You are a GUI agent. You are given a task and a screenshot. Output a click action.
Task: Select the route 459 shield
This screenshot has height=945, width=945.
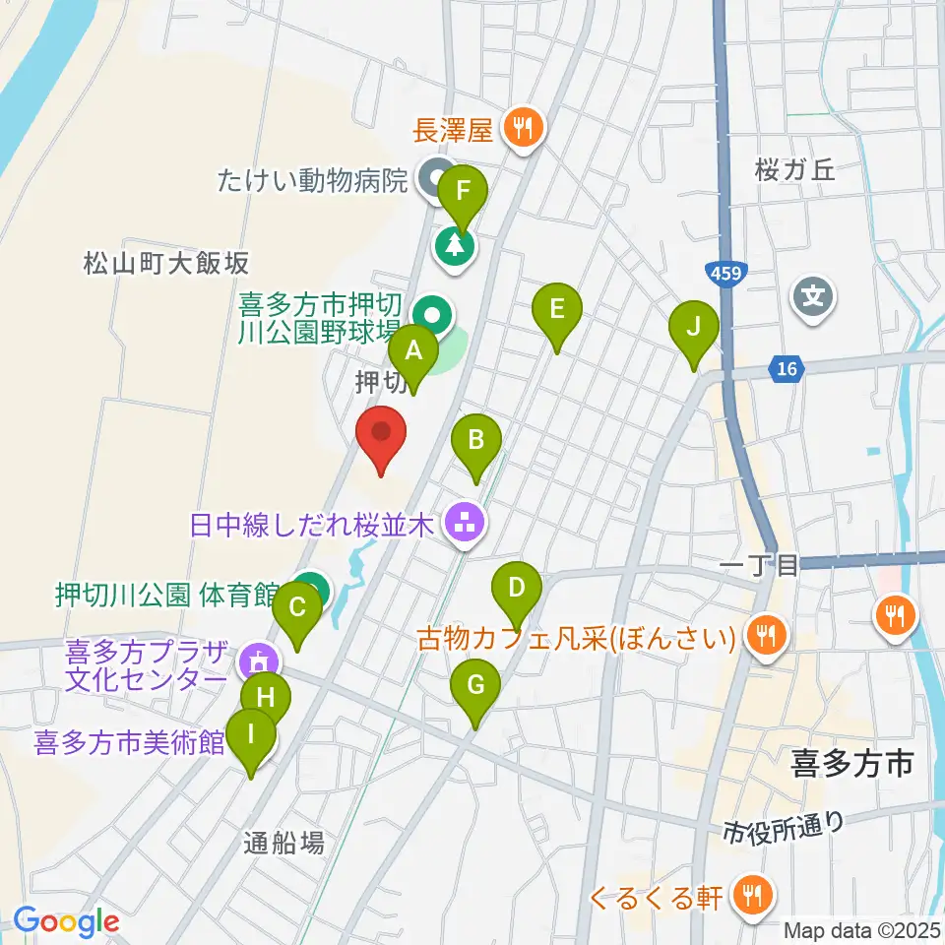pos(727,270)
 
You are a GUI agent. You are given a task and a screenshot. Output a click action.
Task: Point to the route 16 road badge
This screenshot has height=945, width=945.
pos(785,369)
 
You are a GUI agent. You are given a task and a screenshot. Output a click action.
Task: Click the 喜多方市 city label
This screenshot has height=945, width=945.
pos(852,762)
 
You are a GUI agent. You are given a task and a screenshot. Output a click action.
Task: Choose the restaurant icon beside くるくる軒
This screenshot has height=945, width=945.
pos(754,896)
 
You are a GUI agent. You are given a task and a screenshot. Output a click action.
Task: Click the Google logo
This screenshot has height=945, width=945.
pos(66,921)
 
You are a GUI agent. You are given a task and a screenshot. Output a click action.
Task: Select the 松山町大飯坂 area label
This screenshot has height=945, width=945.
pos(166,263)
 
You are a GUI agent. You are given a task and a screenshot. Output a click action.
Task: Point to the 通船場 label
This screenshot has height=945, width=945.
pos(283,843)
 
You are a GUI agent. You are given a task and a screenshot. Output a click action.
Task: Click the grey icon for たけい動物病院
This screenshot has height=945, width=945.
pos(435,180)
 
